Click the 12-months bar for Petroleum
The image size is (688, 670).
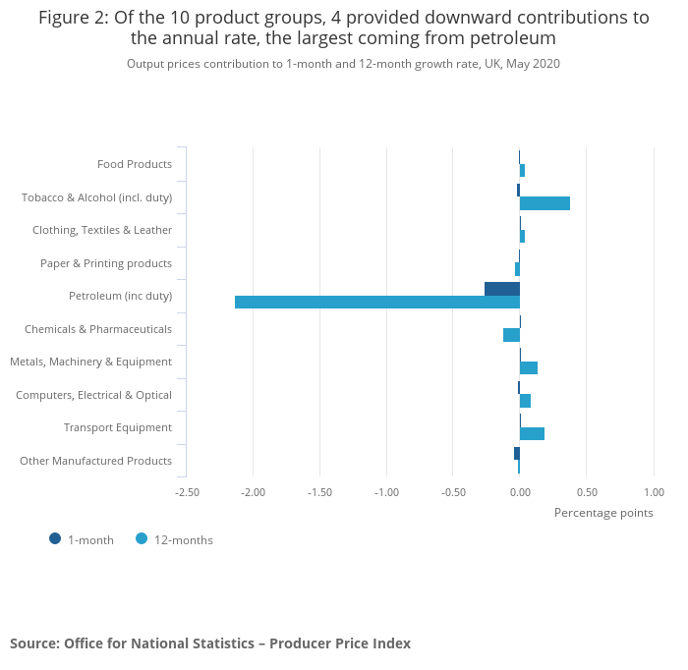[x=377, y=302]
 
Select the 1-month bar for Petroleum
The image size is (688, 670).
[x=502, y=288]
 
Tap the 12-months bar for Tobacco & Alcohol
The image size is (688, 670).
[x=545, y=203]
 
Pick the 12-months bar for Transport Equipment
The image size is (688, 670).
[x=532, y=433]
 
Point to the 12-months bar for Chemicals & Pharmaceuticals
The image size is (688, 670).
[x=511, y=335]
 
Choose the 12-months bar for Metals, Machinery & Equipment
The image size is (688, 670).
[x=529, y=367]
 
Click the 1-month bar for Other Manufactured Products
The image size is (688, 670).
[x=517, y=453]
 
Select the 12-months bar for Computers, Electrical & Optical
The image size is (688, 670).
[x=525, y=401]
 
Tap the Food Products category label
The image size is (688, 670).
[x=135, y=164]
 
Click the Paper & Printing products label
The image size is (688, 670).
[x=106, y=263]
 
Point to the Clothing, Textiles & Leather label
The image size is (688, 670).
[x=102, y=230]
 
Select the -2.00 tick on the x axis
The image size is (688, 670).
[x=253, y=491]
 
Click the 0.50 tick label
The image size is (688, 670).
[x=586, y=491]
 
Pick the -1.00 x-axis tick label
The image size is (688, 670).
[x=386, y=491]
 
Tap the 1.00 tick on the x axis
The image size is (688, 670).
[x=653, y=491]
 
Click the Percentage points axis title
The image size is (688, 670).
[x=603, y=512]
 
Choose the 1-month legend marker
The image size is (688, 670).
[x=55, y=538]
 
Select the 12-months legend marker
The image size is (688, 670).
[x=142, y=538]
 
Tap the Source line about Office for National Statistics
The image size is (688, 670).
[x=210, y=643]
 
